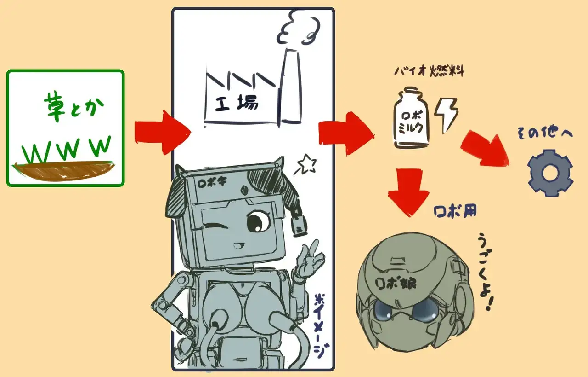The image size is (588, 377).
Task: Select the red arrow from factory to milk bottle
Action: pos(347,133)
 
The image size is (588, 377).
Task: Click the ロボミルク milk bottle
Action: pos(412,120)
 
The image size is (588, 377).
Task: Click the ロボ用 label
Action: pos(455,211)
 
